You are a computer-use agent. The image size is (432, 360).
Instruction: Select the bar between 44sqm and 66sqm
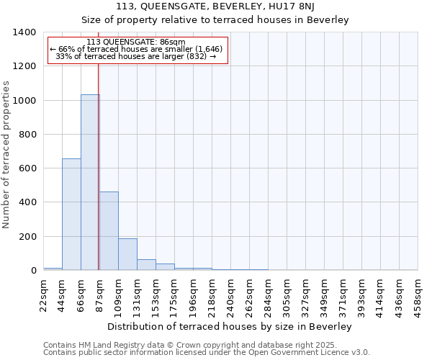coord(71,215)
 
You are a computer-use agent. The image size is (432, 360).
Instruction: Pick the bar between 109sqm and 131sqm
coord(127,254)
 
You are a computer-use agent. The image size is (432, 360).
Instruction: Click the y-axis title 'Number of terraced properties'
coord(6,154)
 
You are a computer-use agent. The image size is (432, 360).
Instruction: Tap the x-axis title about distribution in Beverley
coord(230,327)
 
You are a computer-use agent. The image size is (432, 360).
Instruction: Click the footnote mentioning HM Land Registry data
coord(206,345)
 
